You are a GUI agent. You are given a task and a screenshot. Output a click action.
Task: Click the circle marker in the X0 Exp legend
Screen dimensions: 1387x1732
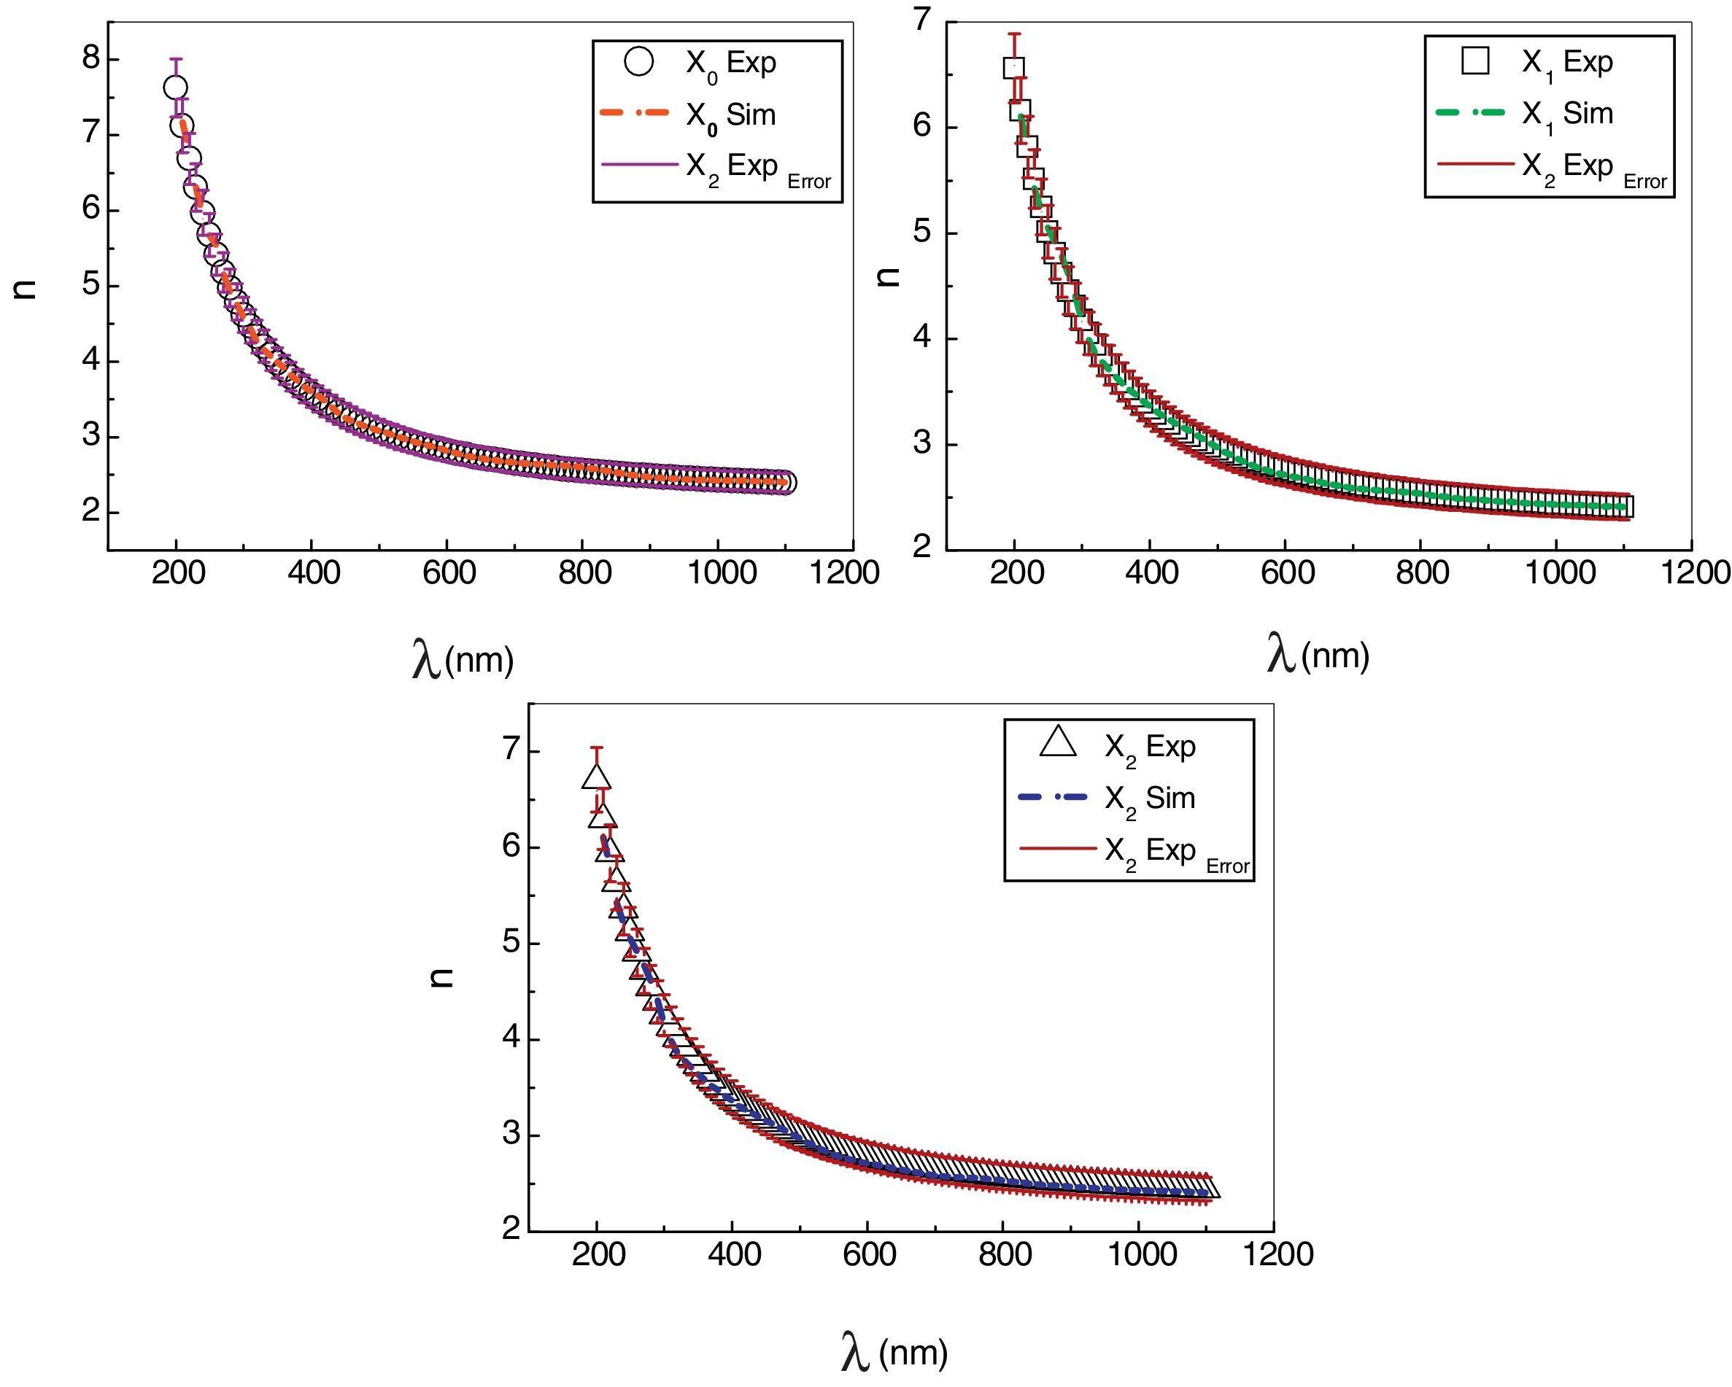[x=639, y=62]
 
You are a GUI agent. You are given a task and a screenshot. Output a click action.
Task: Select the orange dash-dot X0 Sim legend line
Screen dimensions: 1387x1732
[x=635, y=114]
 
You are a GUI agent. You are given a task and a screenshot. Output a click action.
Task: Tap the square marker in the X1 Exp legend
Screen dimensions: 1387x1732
[x=1476, y=61]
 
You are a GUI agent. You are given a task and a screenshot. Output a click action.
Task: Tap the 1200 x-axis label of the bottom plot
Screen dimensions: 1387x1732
[x=1272, y=1254]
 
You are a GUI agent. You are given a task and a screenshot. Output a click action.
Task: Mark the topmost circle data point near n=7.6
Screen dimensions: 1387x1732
[x=175, y=87]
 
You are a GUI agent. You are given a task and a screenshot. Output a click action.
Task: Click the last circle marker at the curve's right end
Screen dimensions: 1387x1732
[x=786, y=483]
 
